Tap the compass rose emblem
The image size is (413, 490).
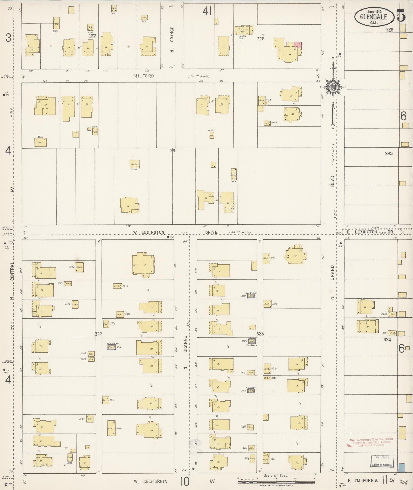pyautogui.click(x=333, y=87)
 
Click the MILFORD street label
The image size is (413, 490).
pyautogui.click(x=144, y=76)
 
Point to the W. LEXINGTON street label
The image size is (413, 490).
pyautogui.click(x=149, y=232)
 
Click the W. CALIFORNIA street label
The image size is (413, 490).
pyautogui.click(x=151, y=481)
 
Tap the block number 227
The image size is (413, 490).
pyautogui.click(x=92, y=36)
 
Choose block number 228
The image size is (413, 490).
pyautogui.click(x=261, y=39)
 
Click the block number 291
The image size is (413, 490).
pyautogui.click(x=173, y=151)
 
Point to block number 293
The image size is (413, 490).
pyautogui.click(x=388, y=154)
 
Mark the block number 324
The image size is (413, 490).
pyautogui.click(x=387, y=340)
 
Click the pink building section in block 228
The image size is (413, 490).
pyautogui.click(x=298, y=45)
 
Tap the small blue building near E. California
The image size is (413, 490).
pyautogui.click(x=402, y=467)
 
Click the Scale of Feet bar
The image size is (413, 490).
pyautogui.click(x=276, y=482)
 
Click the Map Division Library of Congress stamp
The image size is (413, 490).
pyautogui.click(x=382, y=461)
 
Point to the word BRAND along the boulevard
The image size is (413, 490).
pyautogui.click(x=332, y=273)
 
